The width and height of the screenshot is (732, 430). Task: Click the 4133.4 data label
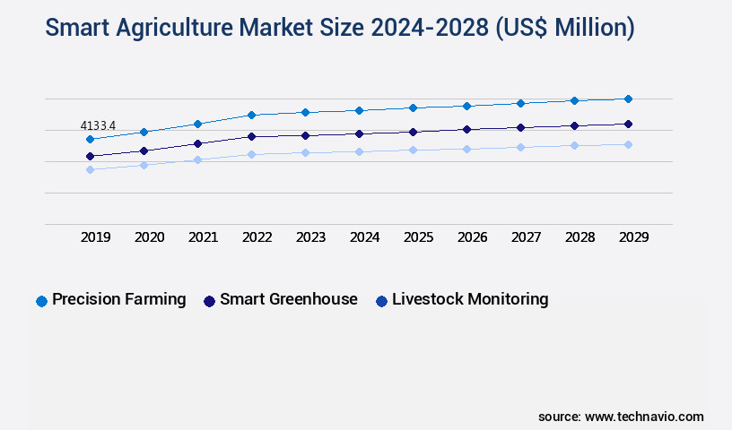(98, 125)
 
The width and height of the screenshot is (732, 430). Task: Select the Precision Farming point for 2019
(90, 139)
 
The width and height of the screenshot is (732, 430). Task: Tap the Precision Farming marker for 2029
(628, 99)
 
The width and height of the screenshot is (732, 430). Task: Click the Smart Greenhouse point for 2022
(251, 136)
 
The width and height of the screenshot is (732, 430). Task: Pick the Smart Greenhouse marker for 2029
(628, 124)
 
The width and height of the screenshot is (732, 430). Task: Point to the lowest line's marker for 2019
(90, 169)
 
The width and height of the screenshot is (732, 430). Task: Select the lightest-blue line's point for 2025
(413, 150)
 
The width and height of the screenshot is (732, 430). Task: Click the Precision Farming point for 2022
(251, 115)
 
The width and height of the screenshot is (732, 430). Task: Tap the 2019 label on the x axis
(96, 237)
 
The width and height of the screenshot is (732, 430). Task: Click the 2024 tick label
(365, 237)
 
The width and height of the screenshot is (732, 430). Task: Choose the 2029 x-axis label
(634, 237)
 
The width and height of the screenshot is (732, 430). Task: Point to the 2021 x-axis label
(204, 237)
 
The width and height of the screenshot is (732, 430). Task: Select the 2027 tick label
(527, 237)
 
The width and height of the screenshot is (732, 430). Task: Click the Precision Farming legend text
(119, 299)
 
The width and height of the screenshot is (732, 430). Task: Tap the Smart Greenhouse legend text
(289, 299)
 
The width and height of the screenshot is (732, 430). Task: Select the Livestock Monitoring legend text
(470, 299)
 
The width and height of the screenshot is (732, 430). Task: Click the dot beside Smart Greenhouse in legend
(210, 301)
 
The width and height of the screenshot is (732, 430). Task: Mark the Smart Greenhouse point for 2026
(466, 129)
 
